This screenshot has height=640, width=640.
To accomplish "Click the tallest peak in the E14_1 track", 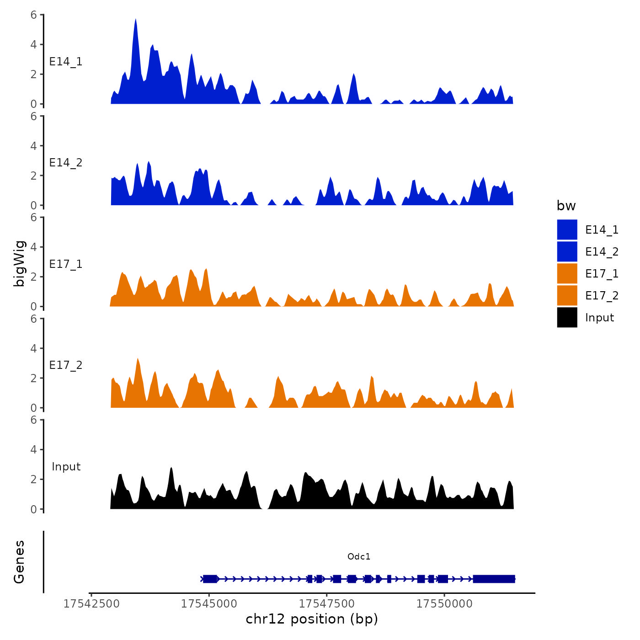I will click(136, 20).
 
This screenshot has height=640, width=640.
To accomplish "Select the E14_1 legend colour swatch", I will click(567, 229).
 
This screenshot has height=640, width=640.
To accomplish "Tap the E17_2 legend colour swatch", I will click(567, 295).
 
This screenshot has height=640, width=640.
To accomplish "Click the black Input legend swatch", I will click(567, 317).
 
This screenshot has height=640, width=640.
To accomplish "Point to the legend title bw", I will click(566, 206).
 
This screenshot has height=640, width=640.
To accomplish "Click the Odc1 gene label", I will click(359, 556).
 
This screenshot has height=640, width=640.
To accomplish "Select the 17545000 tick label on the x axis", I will click(209, 604).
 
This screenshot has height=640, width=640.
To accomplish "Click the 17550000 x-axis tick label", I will click(444, 604).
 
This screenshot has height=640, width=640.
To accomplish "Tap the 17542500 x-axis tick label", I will click(91, 604).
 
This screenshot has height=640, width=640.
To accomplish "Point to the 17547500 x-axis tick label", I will click(327, 604).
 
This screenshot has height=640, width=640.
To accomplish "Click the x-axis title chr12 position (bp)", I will click(312, 619).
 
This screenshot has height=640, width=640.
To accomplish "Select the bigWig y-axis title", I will click(19, 263).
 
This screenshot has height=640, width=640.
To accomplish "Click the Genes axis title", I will click(19, 562).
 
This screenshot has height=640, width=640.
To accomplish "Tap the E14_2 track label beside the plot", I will click(66, 163).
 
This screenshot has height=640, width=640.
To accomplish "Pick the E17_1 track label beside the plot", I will click(66, 264).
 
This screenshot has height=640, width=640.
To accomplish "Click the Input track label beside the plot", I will click(66, 467).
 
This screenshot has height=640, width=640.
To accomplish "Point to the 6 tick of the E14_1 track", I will click(34, 15).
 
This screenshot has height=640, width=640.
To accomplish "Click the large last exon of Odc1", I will click(494, 579).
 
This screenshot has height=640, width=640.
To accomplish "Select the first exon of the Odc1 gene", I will click(210, 579).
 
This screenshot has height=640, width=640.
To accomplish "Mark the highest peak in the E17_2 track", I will click(138, 359).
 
